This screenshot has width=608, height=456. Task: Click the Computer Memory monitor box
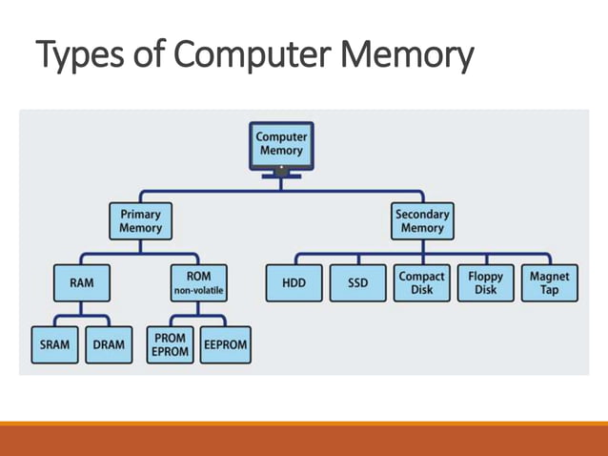(281, 145)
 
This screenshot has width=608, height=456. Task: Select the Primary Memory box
(140, 222)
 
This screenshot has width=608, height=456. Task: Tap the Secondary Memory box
(422, 222)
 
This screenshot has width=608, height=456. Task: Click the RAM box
(81, 283)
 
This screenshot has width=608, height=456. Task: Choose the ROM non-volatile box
(199, 283)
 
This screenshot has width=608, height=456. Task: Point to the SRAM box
(54, 345)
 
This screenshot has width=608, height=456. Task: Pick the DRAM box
(110, 345)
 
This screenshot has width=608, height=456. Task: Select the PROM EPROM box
(170, 345)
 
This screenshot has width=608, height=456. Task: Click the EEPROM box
(226, 345)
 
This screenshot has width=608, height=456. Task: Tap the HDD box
(294, 283)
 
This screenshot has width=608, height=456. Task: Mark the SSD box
(357, 283)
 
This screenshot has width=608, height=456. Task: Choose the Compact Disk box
(421, 283)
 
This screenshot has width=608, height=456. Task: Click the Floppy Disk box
(485, 283)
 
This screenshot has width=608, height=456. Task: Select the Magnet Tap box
(549, 283)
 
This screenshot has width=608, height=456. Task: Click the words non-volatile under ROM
(199, 291)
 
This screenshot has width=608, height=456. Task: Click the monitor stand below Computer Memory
(281, 174)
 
